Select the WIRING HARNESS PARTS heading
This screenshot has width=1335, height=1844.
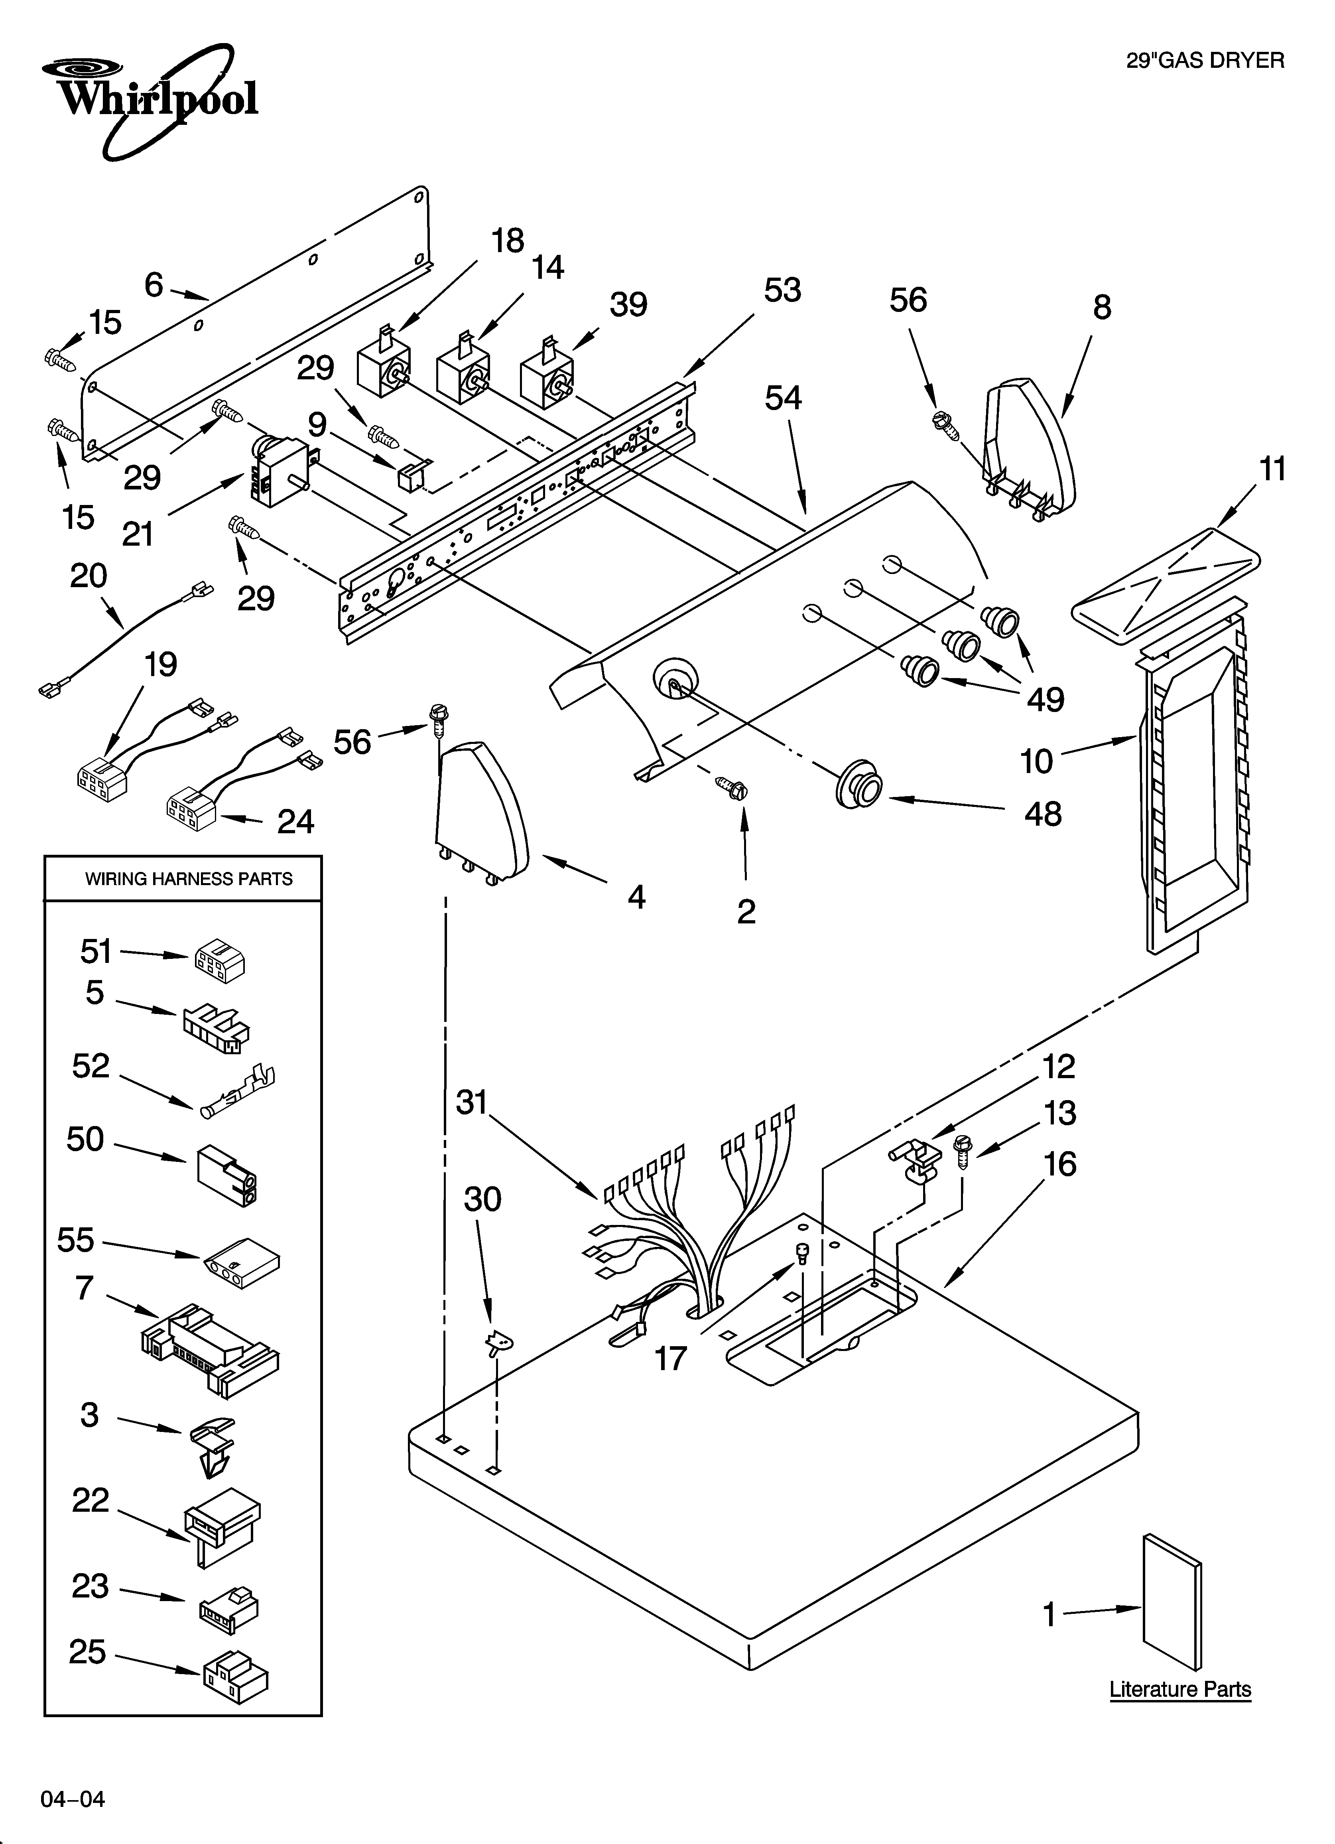point(189,879)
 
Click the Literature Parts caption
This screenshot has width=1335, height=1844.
point(1180,1690)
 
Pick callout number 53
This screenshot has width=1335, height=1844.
point(782,290)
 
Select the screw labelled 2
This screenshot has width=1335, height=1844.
point(732,787)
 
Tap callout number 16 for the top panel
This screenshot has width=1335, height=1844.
point(1059,1164)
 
